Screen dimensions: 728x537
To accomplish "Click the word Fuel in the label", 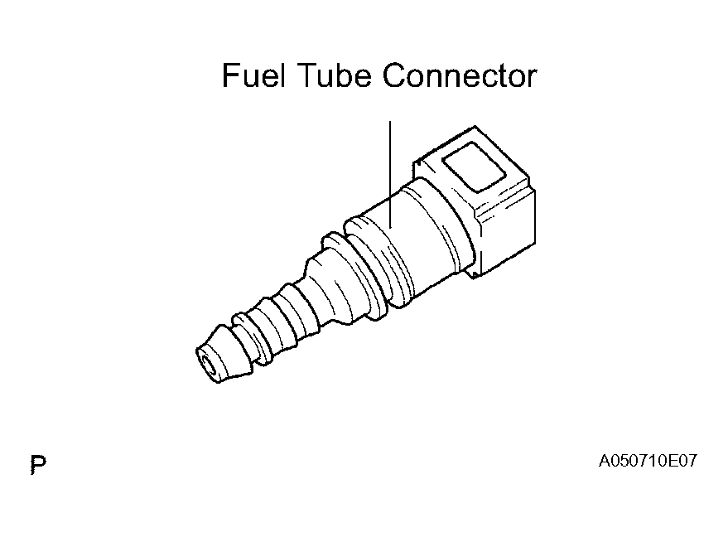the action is coord(253,75).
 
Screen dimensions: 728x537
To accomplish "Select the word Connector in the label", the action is coord(460,75).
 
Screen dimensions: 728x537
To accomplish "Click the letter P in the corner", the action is coord(39,465).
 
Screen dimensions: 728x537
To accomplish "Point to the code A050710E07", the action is coord(648,461).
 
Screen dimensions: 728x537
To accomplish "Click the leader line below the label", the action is coord(390,175).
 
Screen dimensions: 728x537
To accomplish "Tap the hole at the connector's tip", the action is coord(206,362).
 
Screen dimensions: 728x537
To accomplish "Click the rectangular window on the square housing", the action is coord(474,167).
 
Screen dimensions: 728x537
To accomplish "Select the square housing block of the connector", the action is coord(478,202).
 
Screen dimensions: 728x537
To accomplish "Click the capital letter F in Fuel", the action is coord(230,75).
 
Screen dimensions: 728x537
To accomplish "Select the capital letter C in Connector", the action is coord(394,75).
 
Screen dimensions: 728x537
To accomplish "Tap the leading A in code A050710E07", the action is coord(604,461).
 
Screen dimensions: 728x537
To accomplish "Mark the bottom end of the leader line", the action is coord(390,229).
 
